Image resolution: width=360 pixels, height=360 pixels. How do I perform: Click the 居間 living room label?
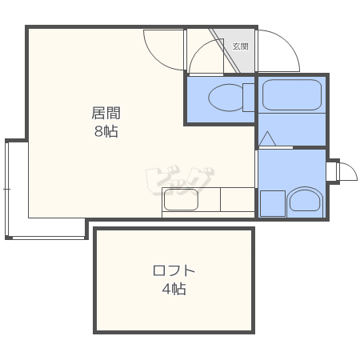(105, 113)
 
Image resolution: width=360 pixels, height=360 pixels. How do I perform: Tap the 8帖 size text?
(105, 132)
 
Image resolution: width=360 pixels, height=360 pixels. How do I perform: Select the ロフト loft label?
(174, 270)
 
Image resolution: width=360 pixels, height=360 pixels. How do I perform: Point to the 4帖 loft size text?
(174, 289)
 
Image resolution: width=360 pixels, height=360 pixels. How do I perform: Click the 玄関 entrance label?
(239, 46)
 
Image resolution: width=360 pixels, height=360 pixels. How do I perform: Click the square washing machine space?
(272, 203)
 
